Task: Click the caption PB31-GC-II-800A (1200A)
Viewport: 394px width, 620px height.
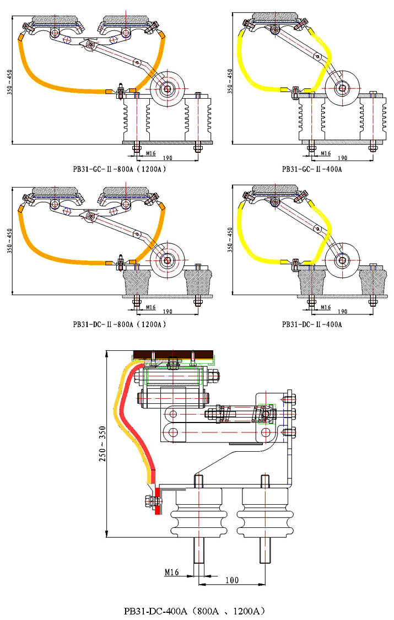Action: click(x=120, y=169)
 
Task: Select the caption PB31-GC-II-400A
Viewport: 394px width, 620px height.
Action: click(x=312, y=169)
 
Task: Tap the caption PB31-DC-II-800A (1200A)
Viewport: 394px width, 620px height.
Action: click(x=120, y=324)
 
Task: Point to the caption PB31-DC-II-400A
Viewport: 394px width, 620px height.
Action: click(x=312, y=324)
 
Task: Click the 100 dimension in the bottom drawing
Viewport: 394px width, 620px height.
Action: click(x=232, y=580)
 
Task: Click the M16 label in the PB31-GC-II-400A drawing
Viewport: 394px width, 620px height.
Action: click(x=325, y=153)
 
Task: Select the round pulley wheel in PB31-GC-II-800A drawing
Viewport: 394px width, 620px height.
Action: click(x=168, y=87)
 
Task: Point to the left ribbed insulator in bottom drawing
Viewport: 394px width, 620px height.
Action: click(x=198, y=513)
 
